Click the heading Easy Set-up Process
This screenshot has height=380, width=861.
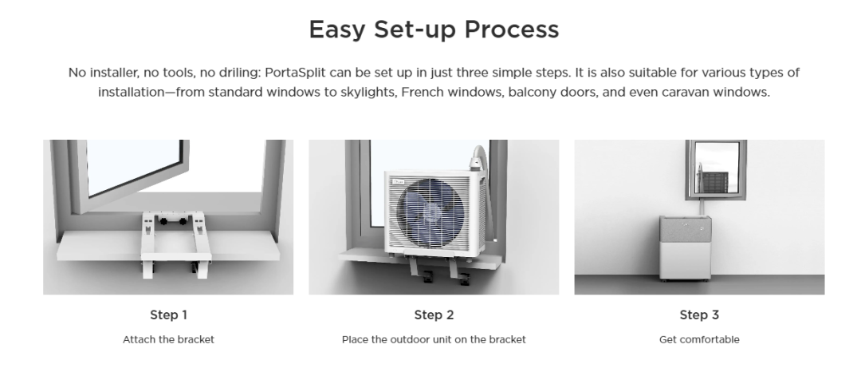pyautogui.click(x=434, y=30)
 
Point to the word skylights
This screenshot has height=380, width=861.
pyautogui.click(x=368, y=92)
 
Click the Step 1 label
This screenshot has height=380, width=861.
pyautogui.click(x=168, y=315)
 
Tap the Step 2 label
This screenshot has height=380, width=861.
pyautogui.click(x=434, y=315)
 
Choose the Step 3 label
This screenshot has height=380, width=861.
pyautogui.click(x=699, y=315)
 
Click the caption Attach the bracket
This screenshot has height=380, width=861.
pyautogui.click(x=168, y=339)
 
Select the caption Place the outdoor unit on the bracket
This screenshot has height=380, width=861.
pyautogui.click(x=434, y=339)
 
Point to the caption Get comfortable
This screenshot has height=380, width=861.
pyautogui.click(x=699, y=339)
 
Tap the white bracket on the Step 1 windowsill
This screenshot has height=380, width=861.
pyautogui.click(x=175, y=243)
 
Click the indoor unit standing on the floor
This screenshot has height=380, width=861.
pyautogui.click(x=686, y=248)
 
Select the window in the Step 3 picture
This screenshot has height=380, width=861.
pyautogui.click(x=715, y=169)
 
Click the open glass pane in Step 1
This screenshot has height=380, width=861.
pyautogui.click(x=135, y=165)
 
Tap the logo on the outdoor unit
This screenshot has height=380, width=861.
pyautogui.click(x=398, y=181)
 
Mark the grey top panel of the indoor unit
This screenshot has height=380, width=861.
pyautogui.click(x=686, y=229)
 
